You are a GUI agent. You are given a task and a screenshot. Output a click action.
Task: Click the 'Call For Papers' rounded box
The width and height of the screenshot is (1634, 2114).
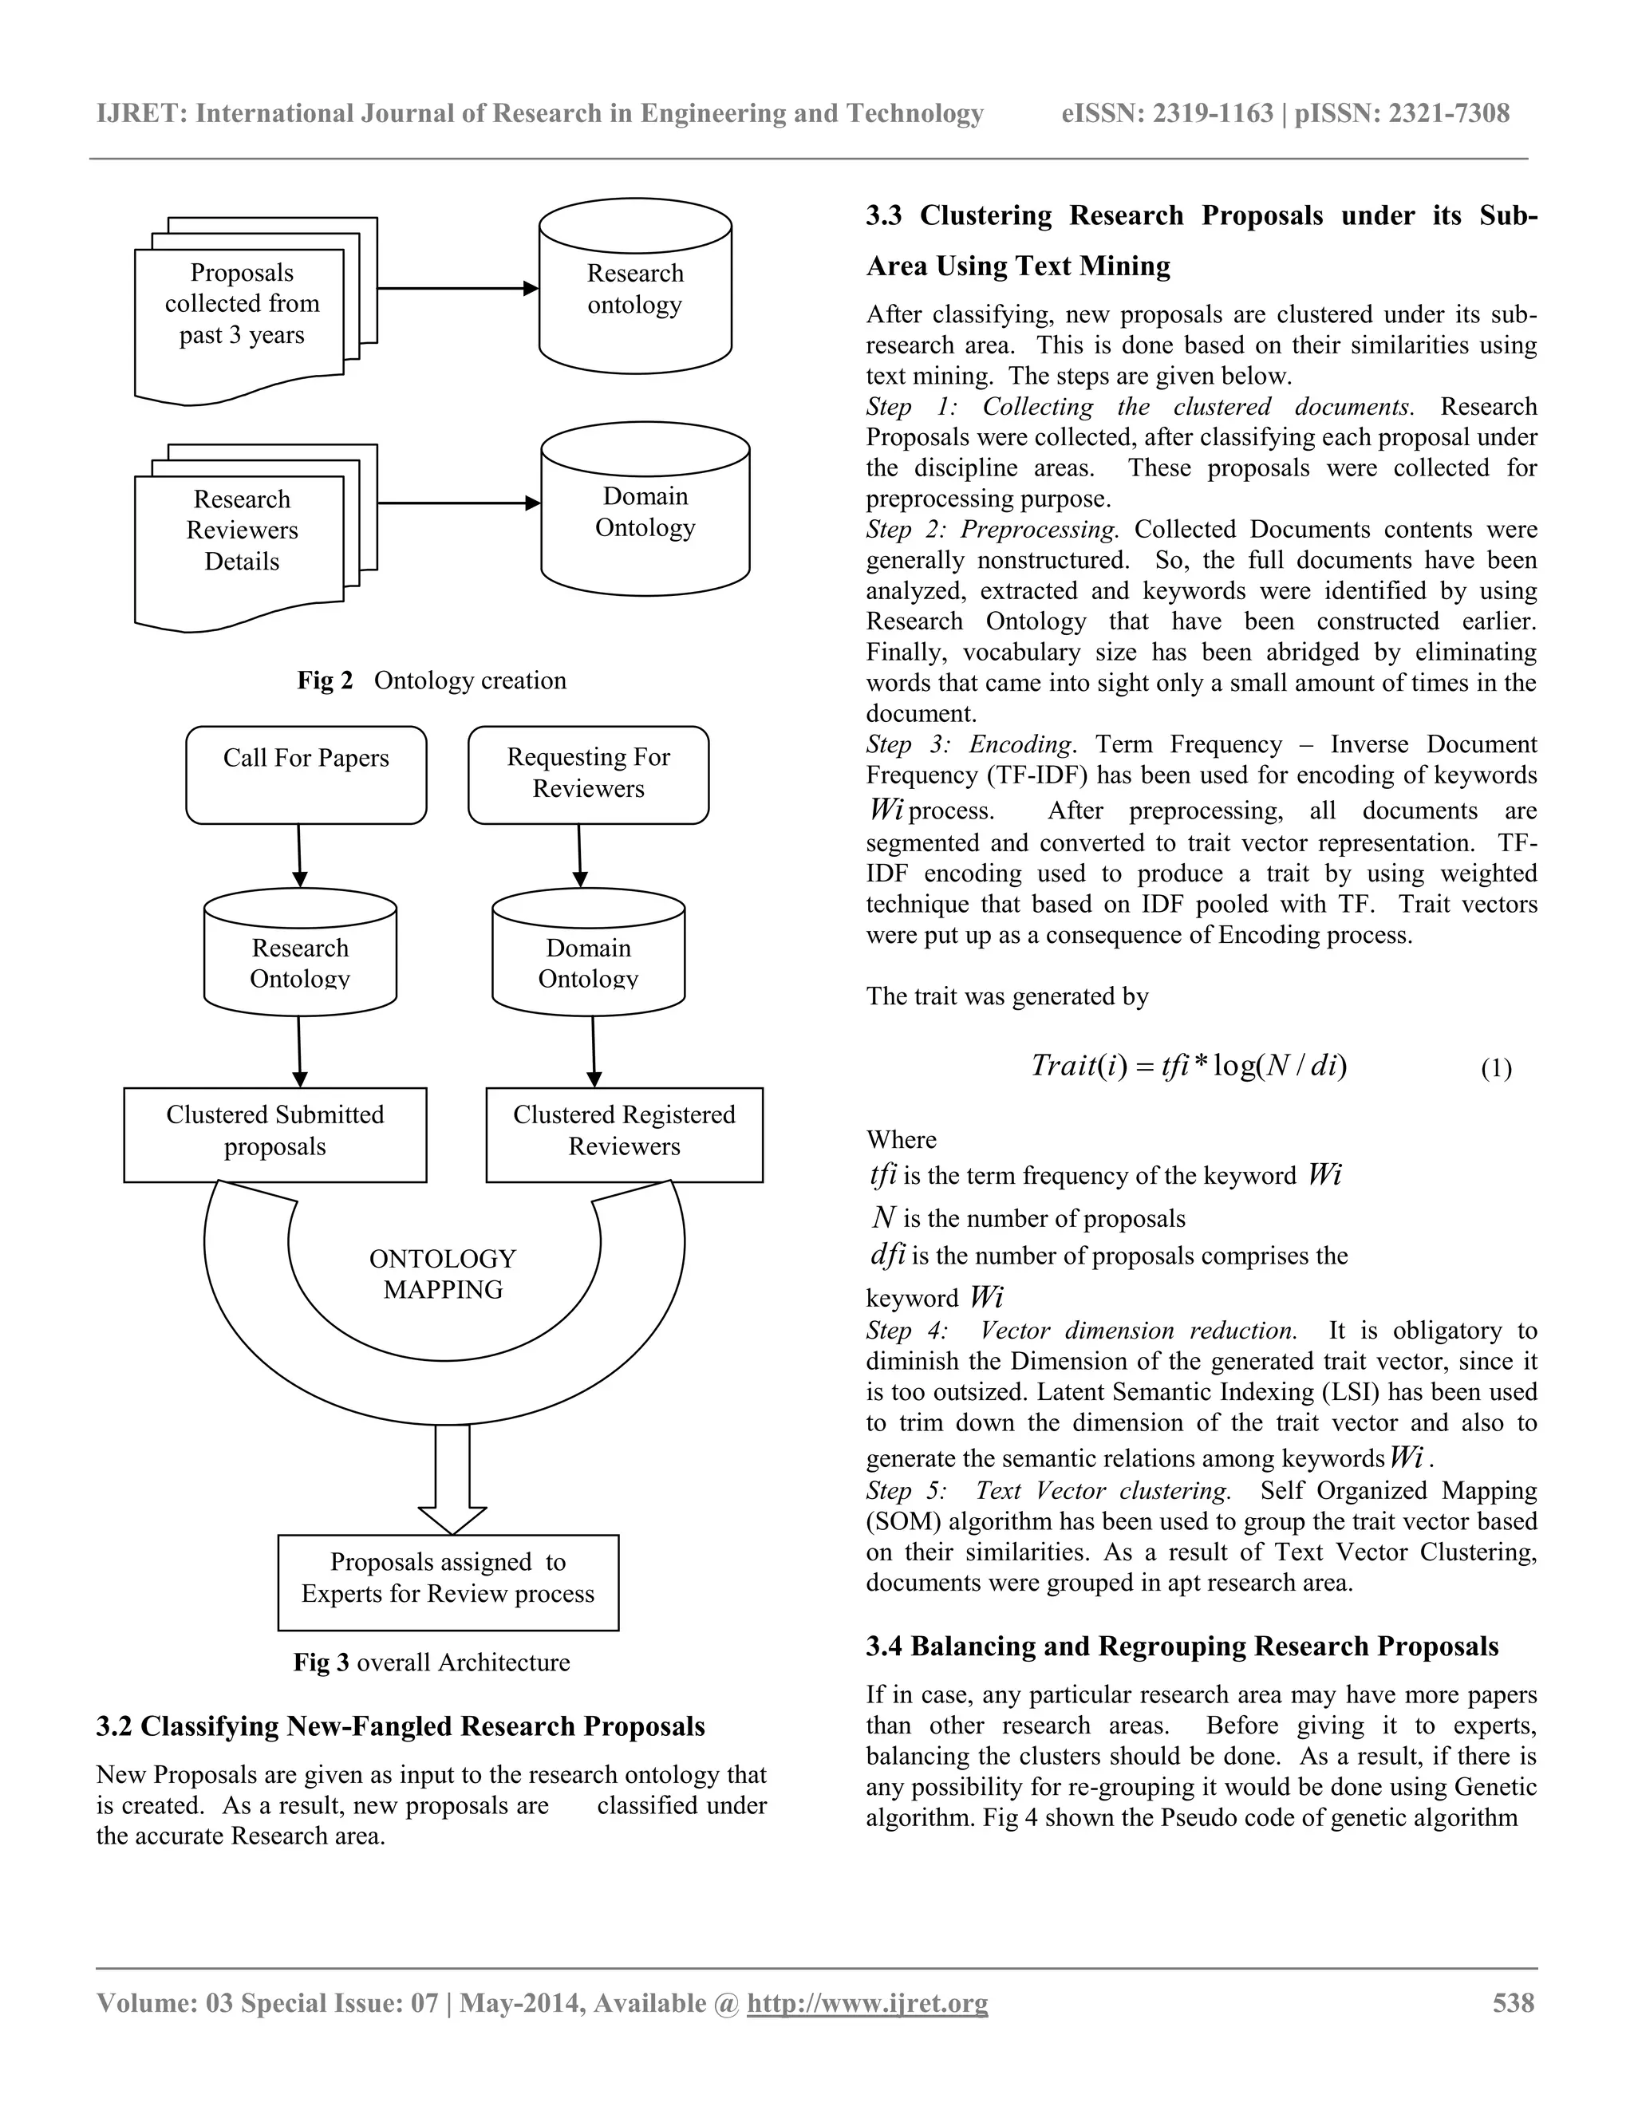coord(306,775)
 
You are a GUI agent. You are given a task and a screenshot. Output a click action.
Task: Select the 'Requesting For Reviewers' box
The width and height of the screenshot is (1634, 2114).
coord(587,775)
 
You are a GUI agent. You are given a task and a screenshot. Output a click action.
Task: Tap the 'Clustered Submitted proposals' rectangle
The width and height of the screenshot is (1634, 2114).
coord(275,1134)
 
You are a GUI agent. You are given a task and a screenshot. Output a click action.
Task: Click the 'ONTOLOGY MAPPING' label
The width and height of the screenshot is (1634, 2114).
coord(444,1274)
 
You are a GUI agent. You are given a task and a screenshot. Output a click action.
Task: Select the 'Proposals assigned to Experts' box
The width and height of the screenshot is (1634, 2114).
coord(448,1582)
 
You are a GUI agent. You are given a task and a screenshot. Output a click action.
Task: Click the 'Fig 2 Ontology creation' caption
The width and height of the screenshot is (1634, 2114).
coord(432,680)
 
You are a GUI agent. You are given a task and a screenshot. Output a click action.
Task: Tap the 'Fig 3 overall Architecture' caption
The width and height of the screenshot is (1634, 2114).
coord(432,1662)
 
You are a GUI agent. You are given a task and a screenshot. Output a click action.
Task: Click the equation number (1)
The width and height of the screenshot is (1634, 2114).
coord(1496,1069)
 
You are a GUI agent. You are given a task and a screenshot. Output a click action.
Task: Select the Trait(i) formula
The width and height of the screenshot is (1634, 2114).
coord(1189,1066)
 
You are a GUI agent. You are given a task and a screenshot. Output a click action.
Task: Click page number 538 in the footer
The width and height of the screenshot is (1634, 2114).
coord(1513,2002)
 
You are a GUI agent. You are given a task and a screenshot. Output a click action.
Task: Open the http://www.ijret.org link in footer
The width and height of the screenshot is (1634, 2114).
coord(867,2002)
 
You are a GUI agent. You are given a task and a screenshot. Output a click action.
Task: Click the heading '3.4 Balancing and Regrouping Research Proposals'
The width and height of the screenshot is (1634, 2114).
coord(1182,1647)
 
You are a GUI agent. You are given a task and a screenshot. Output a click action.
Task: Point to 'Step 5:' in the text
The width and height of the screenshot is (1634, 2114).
coord(907,1491)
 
